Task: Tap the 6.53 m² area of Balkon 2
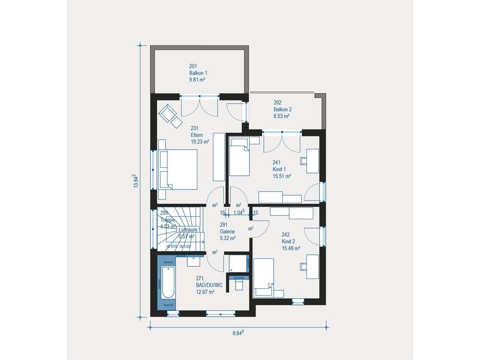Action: [x=281, y=116]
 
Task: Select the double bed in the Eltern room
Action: [x=178, y=169]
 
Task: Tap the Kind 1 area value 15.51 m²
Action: [x=282, y=176]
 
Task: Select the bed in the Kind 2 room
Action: [x=263, y=278]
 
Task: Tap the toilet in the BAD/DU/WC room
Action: [x=239, y=284]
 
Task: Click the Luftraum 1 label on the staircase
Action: [x=190, y=230]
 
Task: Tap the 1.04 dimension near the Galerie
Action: [x=239, y=213]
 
